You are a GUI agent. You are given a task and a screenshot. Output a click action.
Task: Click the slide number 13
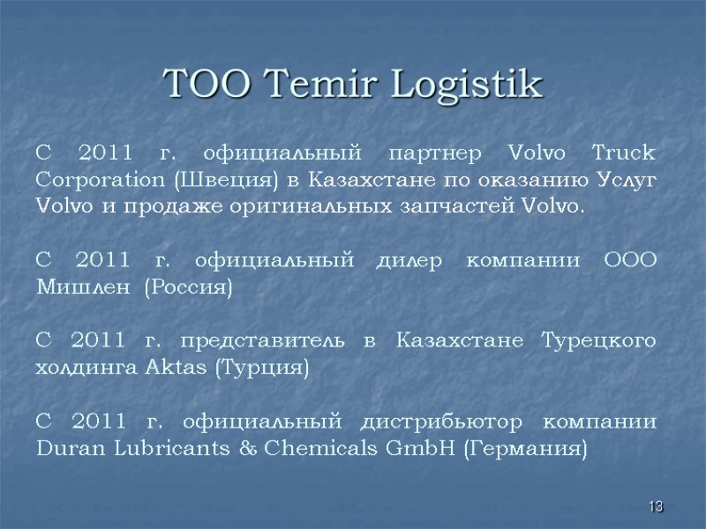pyautogui.click(x=656, y=507)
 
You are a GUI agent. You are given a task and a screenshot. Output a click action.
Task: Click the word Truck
pyautogui.click(x=626, y=153)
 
